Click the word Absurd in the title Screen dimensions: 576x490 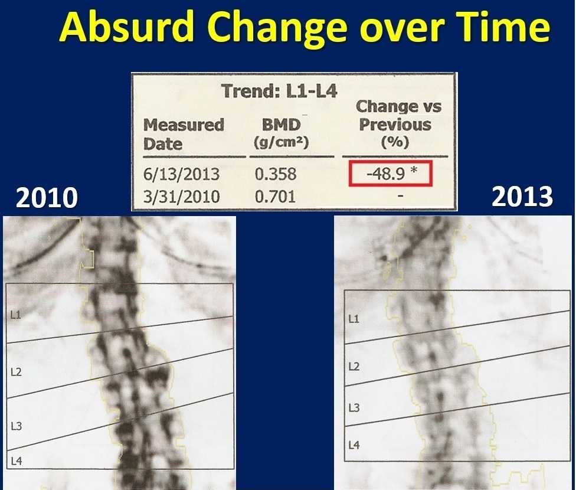coord(126,27)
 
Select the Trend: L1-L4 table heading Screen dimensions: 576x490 coord(280,91)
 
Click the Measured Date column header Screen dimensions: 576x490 coord(184,134)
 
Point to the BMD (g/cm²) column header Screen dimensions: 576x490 coord(281,133)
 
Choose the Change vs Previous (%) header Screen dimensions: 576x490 coord(398,124)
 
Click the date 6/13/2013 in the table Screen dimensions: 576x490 coord(181,174)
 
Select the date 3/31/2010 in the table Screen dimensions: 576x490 coord(181,197)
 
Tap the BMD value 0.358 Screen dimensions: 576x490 coord(276,174)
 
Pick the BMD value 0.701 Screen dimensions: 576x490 coord(275,197)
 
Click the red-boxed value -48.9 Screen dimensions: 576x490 coord(386,173)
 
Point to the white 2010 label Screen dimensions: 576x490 coord(47,197)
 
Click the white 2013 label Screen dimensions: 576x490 coord(522,196)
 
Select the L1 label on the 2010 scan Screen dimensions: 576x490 coord(15,315)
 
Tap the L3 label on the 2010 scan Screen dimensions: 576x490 coord(16,426)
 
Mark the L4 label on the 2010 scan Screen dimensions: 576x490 coord(17,461)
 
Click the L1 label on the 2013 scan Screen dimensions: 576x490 coord(354,319)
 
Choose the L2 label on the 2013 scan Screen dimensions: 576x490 coord(354,367)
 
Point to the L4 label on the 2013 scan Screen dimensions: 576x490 coord(354,445)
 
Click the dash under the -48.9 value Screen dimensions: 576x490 coord(400,196)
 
